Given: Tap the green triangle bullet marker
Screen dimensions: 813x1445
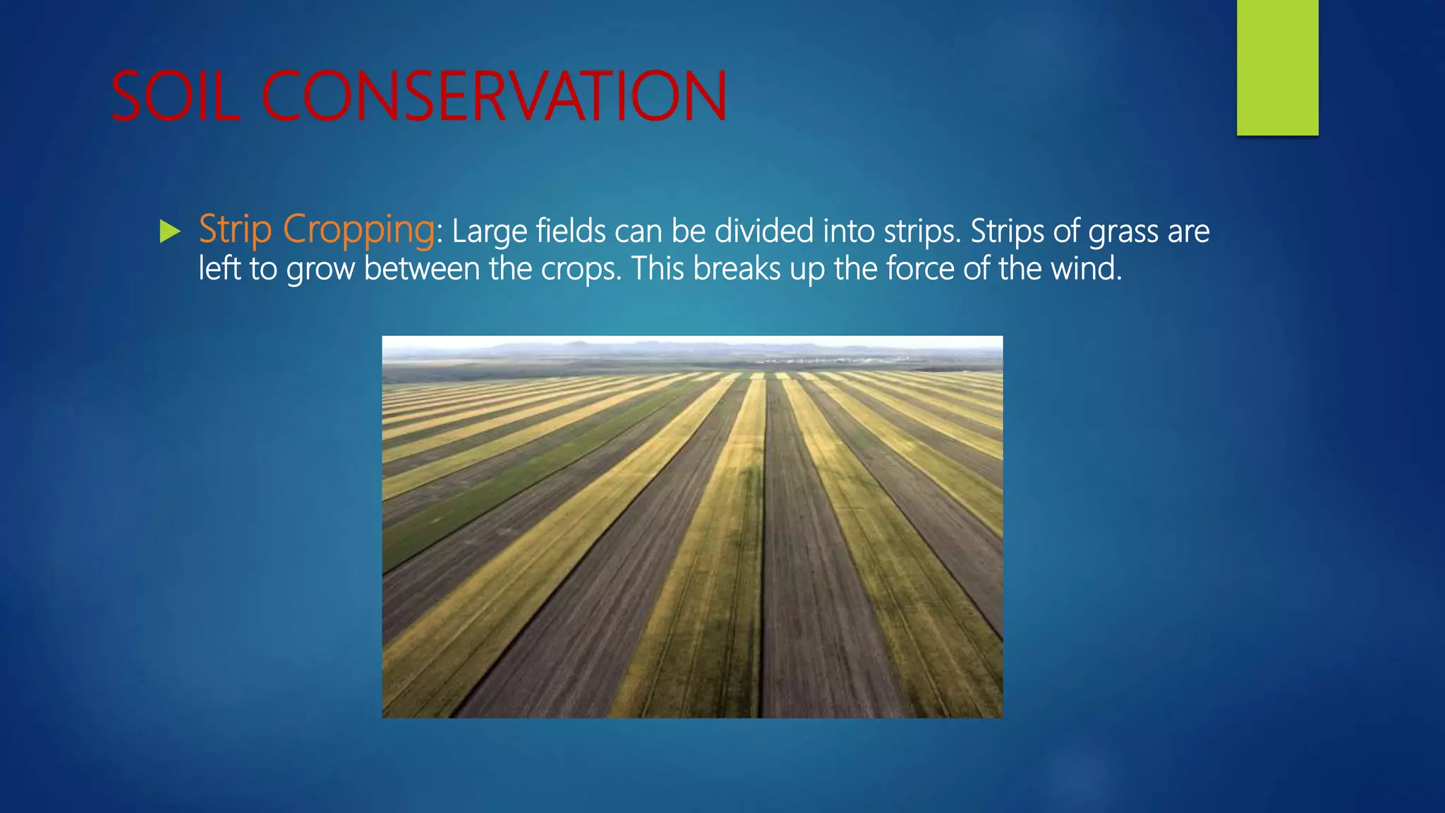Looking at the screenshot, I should tap(169, 231).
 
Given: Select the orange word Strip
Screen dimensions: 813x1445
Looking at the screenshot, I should tap(235, 229).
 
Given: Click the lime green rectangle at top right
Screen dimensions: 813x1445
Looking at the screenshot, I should tap(1277, 67).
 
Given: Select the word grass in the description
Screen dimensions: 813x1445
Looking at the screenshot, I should tap(1123, 232).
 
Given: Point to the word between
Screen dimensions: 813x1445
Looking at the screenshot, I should tap(421, 268).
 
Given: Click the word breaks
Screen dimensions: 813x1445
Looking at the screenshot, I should tap(736, 268).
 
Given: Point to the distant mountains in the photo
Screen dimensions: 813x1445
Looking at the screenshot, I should tap(586, 347).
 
